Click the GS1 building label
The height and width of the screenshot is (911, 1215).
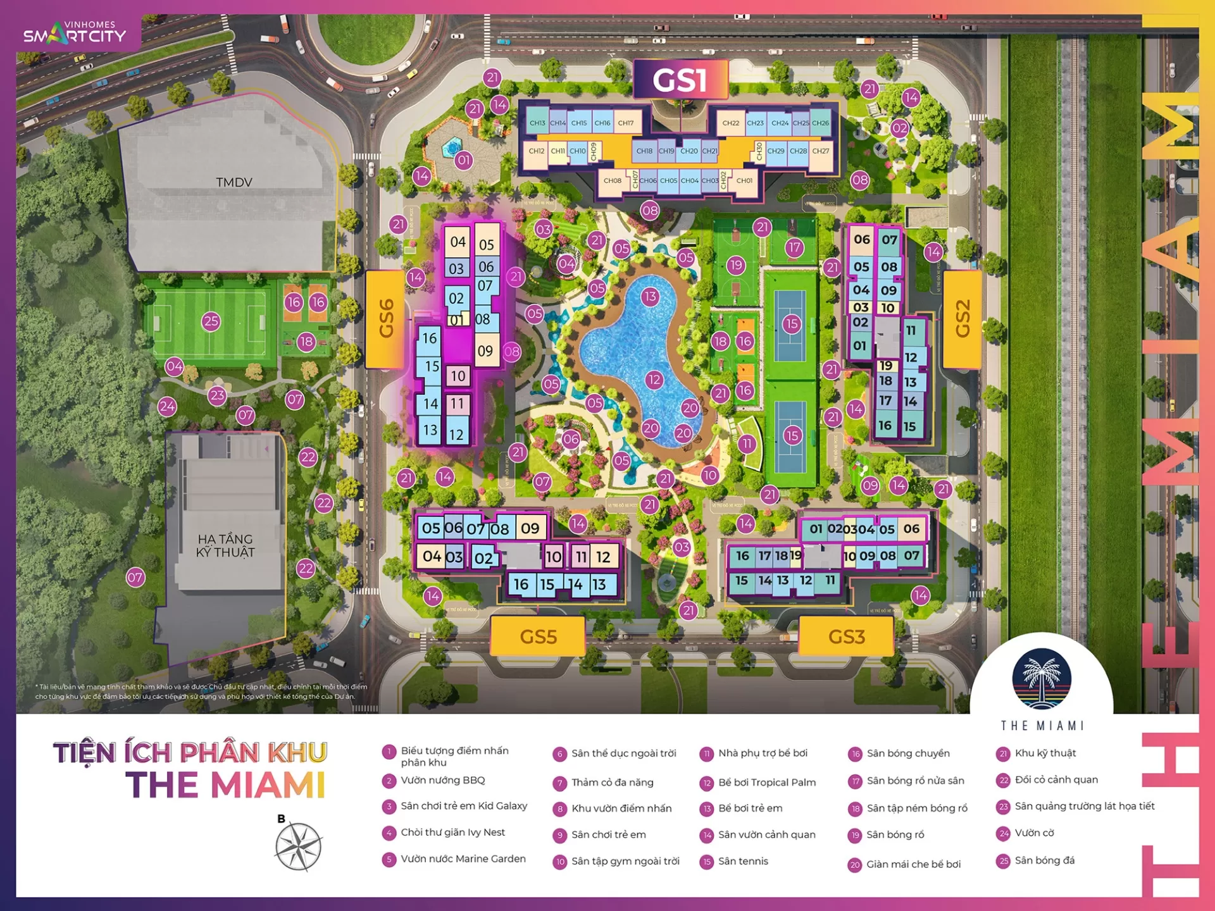tap(680, 80)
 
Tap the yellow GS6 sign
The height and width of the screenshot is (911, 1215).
tap(385, 319)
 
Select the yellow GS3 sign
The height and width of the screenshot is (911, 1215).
tap(846, 636)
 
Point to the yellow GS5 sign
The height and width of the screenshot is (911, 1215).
tap(538, 636)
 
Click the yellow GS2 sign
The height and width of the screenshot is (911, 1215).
tap(962, 319)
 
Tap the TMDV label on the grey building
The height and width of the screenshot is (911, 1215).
tap(234, 182)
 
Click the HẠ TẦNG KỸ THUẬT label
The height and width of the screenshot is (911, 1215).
tap(225, 545)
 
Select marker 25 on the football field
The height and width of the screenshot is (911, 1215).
tap(211, 321)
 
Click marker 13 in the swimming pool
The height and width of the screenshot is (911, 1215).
tap(650, 297)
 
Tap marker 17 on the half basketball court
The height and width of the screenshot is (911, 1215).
tap(794, 247)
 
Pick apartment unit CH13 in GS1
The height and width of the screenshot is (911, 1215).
tap(537, 123)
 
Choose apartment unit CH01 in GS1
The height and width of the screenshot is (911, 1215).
tap(744, 181)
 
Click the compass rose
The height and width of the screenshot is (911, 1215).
tap(298, 846)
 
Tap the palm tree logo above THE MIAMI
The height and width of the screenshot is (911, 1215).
tap(1042, 679)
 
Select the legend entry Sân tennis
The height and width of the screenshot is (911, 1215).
tap(743, 861)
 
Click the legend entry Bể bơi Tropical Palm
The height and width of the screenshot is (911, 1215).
tap(766, 783)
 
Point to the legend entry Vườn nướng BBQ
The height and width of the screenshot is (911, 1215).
tap(442, 780)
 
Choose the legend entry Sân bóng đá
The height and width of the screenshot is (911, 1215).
tap(1044, 860)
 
